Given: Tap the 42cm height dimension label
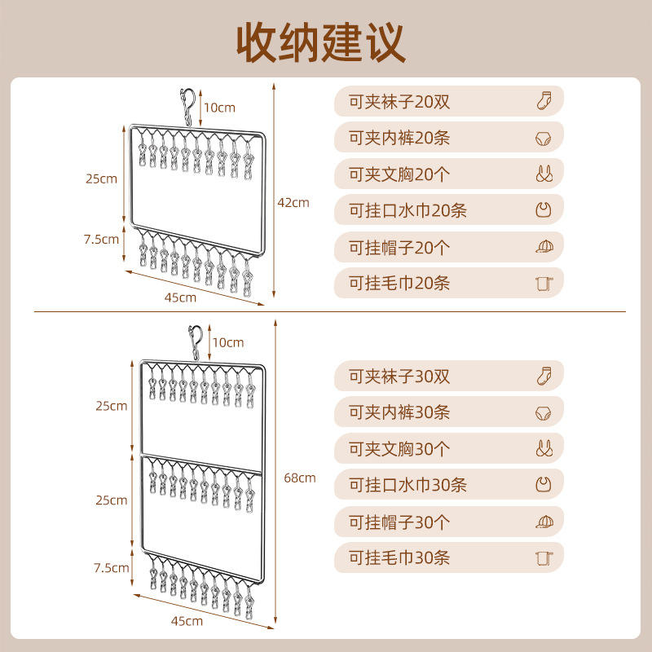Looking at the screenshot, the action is click(x=293, y=202).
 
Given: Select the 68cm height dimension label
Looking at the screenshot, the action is click(x=300, y=478).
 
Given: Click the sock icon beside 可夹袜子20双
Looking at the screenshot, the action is click(x=544, y=102).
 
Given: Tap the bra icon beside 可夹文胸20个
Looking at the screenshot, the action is click(x=544, y=174).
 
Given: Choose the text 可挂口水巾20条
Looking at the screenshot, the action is click(x=407, y=211).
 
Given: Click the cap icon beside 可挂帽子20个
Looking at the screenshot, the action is click(x=544, y=246).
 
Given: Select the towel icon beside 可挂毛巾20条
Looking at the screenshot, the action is click(x=544, y=283).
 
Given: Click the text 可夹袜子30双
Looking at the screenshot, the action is click(x=399, y=377).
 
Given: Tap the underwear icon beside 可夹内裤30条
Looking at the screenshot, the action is click(x=544, y=413).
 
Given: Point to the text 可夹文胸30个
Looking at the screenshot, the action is click(x=399, y=449).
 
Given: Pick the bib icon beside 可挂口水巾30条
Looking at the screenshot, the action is click(x=544, y=485).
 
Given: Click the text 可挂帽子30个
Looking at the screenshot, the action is click(x=399, y=522).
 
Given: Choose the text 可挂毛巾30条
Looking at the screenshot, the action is click(x=399, y=558).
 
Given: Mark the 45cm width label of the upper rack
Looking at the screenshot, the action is click(x=180, y=297).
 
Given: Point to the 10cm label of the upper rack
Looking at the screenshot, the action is click(x=219, y=108).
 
